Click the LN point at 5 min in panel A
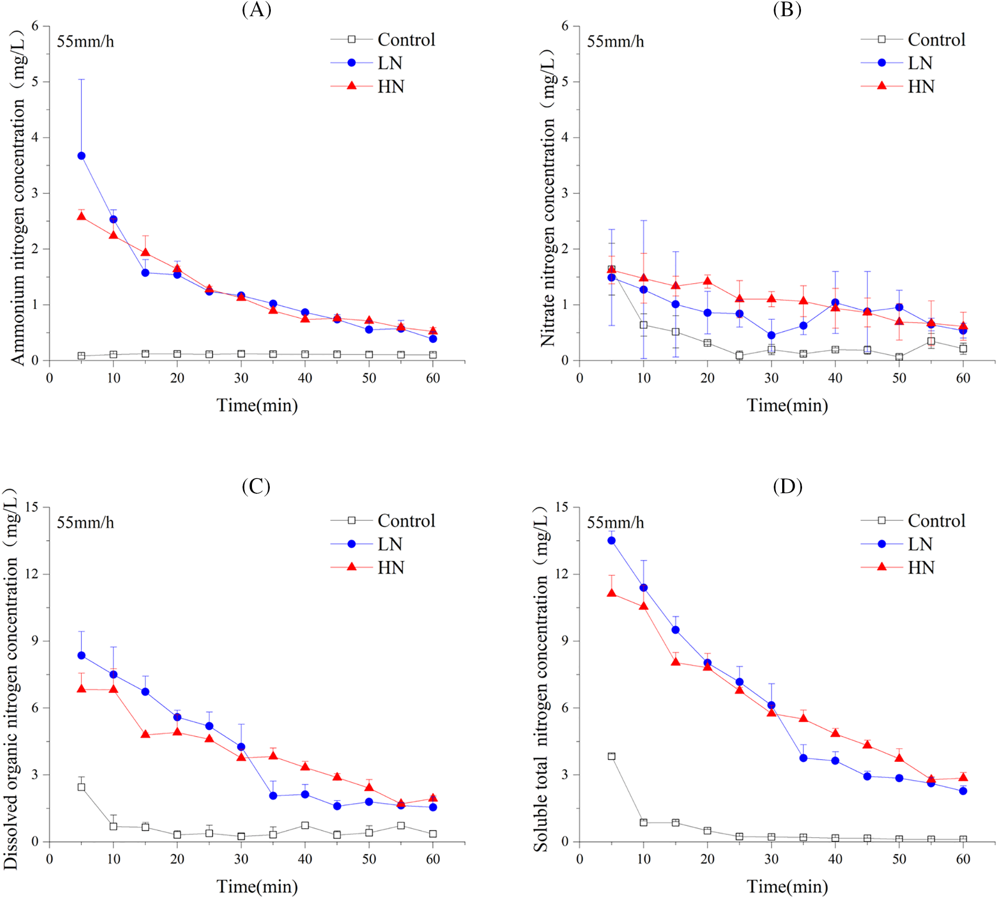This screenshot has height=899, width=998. pyautogui.click(x=81, y=156)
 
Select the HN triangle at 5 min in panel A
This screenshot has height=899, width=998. pyautogui.click(x=81, y=216)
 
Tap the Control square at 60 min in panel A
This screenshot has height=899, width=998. pyautogui.click(x=433, y=355)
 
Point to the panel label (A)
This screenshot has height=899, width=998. pyautogui.click(x=256, y=9)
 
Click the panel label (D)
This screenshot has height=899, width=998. pyautogui.click(x=787, y=486)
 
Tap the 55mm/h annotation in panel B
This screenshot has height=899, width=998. pyautogui.click(x=615, y=41)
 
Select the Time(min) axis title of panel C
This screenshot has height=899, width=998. pyautogui.click(x=257, y=886)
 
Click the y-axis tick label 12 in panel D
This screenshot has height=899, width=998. pyautogui.click(x=562, y=573)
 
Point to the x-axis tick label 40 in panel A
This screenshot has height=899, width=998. pyautogui.click(x=305, y=378)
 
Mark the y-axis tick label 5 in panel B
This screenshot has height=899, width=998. pyautogui.click(x=565, y=82)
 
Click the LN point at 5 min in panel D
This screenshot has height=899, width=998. pyautogui.click(x=611, y=540)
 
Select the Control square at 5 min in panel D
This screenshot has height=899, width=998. pyautogui.click(x=611, y=756)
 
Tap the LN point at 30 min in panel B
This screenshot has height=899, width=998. pyautogui.click(x=771, y=335)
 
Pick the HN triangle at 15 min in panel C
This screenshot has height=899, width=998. pyautogui.click(x=145, y=734)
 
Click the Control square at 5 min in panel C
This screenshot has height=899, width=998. pyautogui.click(x=81, y=787)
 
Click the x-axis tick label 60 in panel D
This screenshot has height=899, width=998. pyautogui.click(x=963, y=859)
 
